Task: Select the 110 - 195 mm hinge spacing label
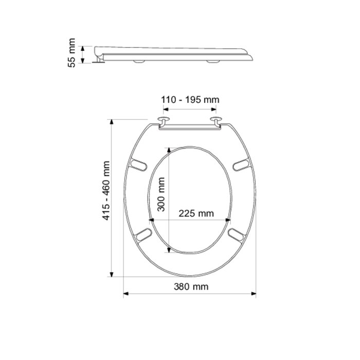coord(190,100)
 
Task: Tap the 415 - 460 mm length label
coord(107,191)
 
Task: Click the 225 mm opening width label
coord(196,213)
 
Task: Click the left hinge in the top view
coord(164,121)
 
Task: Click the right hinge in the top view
coord(217,121)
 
